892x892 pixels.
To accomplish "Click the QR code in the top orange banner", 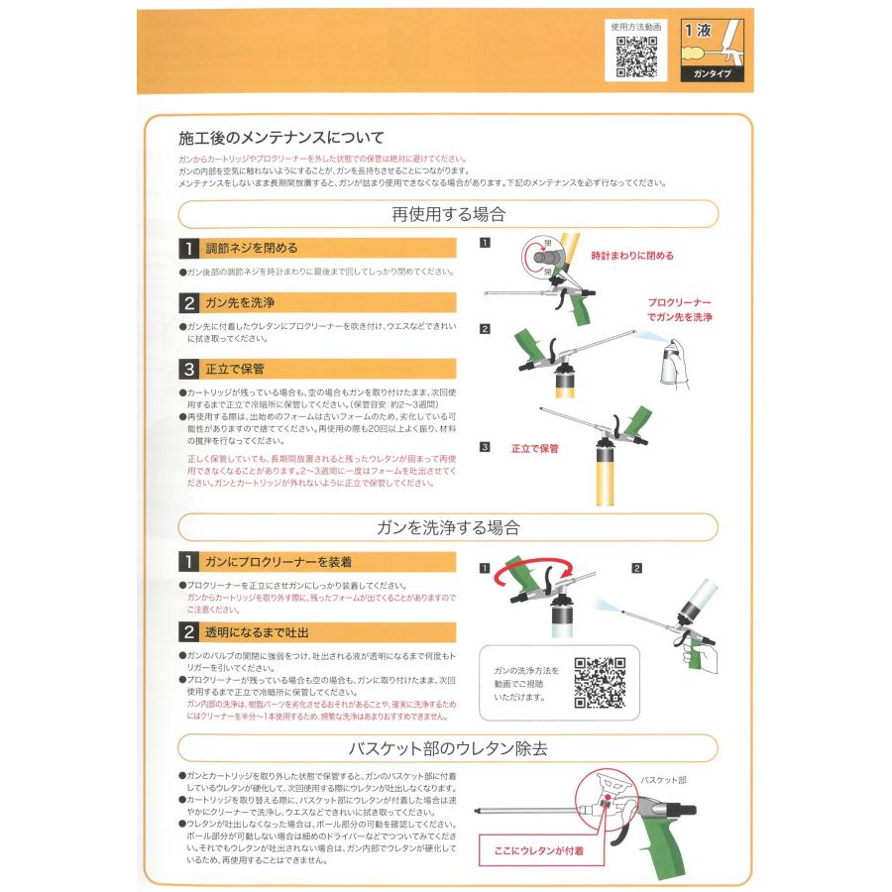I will [637, 56].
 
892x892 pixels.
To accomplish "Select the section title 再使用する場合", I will [448, 214].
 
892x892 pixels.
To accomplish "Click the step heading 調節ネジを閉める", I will [251, 248].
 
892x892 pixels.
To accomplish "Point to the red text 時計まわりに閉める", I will [631, 255].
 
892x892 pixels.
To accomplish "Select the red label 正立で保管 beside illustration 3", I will [534, 448].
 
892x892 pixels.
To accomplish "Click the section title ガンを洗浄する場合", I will [448, 527].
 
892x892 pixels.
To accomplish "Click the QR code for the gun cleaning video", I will [600, 683].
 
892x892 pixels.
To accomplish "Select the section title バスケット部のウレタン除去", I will [448, 748].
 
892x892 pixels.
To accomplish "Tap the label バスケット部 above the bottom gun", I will [663, 781].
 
